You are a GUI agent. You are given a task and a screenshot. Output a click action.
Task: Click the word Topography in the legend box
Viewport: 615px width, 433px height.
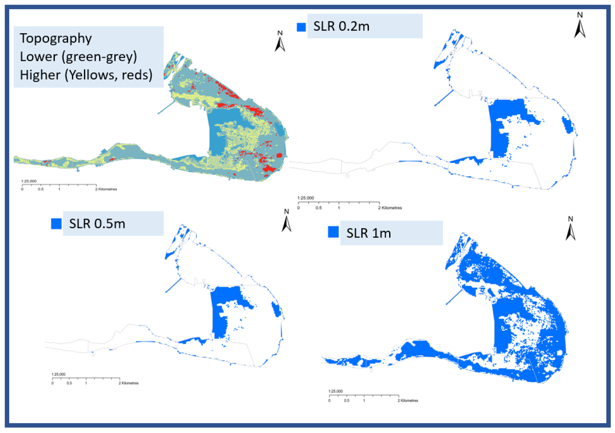coord(56,38)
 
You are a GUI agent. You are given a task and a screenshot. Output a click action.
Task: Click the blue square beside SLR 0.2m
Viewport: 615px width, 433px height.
coord(301,27)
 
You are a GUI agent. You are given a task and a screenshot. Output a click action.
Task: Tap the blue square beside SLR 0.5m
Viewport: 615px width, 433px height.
coord(56,224)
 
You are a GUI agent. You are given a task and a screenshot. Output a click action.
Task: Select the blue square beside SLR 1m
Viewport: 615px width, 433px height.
coord(333,232)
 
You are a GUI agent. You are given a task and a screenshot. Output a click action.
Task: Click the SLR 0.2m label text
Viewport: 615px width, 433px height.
coord(341,26)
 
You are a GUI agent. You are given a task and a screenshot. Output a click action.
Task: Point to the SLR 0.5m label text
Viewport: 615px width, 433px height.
coord(97,224)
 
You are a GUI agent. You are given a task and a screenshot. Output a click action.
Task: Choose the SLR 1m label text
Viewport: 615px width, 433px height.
coord(369,233)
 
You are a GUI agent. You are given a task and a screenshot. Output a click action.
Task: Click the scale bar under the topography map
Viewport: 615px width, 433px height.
coord(59,185)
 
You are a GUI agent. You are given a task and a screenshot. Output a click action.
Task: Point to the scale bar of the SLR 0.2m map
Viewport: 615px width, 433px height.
coord(339,203)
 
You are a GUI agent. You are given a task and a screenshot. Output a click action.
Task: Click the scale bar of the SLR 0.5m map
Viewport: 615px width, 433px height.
coord(86,378)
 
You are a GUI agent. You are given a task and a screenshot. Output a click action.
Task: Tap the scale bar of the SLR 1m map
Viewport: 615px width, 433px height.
coord(364,395)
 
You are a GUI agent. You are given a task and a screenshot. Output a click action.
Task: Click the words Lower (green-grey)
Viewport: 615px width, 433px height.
coord(78,57)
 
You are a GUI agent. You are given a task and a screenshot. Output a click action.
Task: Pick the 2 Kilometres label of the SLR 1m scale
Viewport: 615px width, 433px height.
coord(408,401)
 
